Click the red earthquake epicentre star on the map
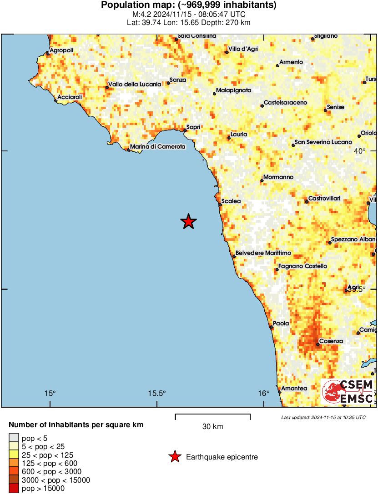click(188, 221)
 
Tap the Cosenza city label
click(331, 341)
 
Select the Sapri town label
click(194, 127)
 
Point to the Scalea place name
click(231, 201)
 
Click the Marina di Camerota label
click(158, 147)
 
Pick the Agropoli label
click(61, 50)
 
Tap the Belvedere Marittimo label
click(263, 253)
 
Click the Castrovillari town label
click(324, 199)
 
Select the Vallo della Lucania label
click(135, 84)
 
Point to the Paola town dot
click(272, 327)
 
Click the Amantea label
click(294, 389)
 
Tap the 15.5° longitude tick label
click(157, 393)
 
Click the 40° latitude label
click(360, 151)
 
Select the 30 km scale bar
click(212, 414)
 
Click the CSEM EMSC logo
click(348, 392)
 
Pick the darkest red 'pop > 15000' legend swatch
click(14, 489)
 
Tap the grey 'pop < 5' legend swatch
click(14, 438)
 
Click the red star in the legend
click(174, 457)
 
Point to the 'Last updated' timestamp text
click(323, 417)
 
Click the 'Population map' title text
click(189, 5)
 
